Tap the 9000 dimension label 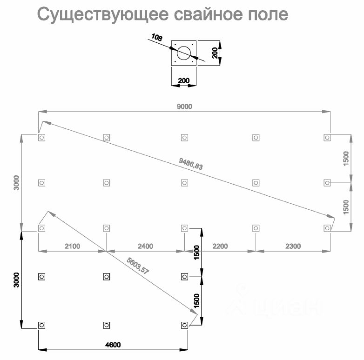point(184,107)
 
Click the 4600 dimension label point(112,345)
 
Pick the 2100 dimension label point(72,246)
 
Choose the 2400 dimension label point(144,246)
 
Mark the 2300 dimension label point(293,246)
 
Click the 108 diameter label point(157,38)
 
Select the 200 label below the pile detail point(184,80)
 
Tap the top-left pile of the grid point(41,138)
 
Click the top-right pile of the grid point(327,137)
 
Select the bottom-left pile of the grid point(41,325)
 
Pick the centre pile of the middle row point(184,183)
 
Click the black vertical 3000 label point(15,280)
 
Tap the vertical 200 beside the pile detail point(215,53)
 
